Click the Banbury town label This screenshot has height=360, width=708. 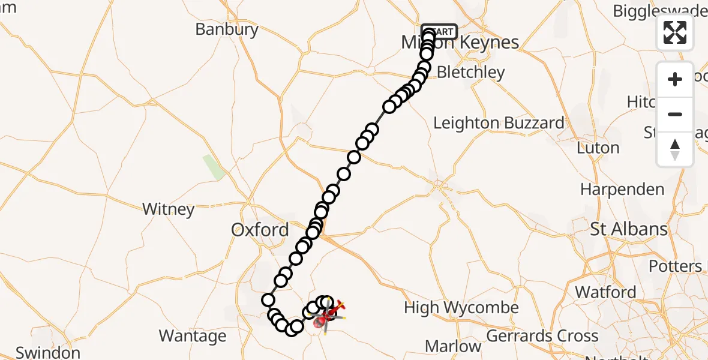(227, 29)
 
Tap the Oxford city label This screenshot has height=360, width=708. (260, 230)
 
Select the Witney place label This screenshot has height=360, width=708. (169, 209)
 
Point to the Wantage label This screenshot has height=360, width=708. (193, 336)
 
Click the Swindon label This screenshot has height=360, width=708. (48, 352)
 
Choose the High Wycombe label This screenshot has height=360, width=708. (461, 308)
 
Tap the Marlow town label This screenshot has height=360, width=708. (453, 346)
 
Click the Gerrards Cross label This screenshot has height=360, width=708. (542, 336)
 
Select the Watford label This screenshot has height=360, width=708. (605, 292)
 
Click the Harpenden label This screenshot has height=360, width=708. (622, 190)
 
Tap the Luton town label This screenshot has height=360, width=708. (598, 148)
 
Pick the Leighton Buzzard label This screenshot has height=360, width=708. (499, 123)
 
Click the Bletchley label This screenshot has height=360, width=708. (471, 73)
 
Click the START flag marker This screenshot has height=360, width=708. (440, 31)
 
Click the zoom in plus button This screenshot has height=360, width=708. (675, 79)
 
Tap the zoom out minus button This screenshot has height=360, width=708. (675, 114)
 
